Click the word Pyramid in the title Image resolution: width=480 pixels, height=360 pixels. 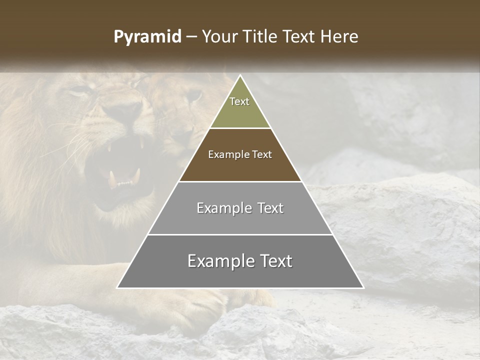[147, 37]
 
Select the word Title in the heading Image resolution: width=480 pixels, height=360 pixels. [262, 37]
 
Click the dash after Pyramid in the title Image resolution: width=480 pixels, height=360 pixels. [191, 37]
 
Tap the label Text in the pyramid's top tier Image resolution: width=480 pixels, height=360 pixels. [239, 101]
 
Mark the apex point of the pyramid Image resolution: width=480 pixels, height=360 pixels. [240, 76]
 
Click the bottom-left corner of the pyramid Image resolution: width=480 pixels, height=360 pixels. [117, 287]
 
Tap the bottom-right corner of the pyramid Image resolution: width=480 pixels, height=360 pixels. [363, 287]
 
